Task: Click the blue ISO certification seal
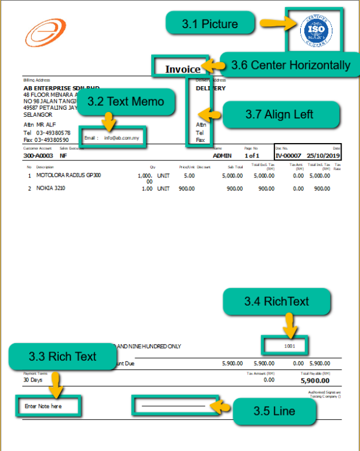[316, 32]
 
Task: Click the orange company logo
[41, 33]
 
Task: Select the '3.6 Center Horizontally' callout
[290, 65]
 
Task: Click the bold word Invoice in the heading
[183, 69]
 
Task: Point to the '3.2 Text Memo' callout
[125, 101]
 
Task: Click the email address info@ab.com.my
[121, 138]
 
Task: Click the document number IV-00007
[288, 155]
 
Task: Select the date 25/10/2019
[324, 155]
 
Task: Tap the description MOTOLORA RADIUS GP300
[68, 175]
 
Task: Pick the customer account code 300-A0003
[37, 155]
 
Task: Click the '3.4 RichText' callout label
[277, 302]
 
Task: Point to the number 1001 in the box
[289, 346]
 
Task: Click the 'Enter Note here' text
[44, 406]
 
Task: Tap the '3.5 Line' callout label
[274, 411]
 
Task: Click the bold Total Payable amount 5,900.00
[316, 380]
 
